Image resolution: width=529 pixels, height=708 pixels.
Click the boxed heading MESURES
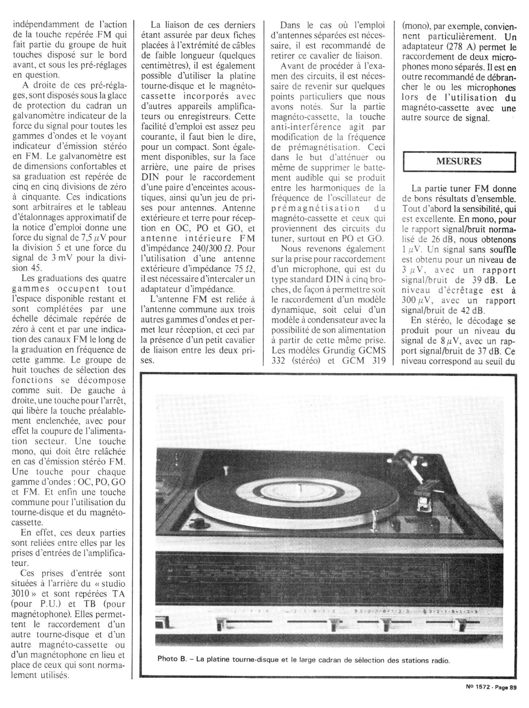[x=459, y=162]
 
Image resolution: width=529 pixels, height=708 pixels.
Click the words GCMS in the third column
[x=372, y=350]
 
